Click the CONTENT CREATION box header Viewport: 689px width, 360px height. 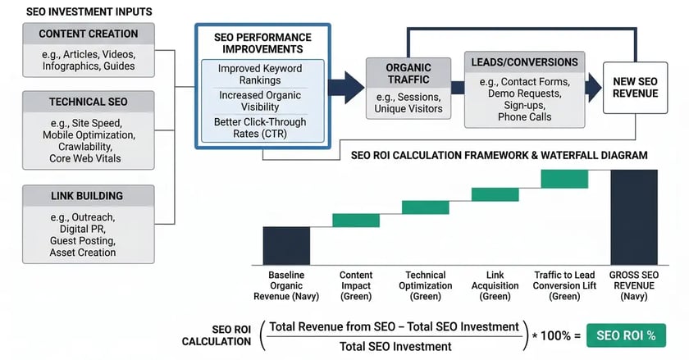click(x=88, y=34)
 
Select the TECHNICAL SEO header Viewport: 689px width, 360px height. click(x=88, y=102)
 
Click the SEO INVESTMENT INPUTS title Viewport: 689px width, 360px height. click(x=78, y=11)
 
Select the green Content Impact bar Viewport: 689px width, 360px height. click(x=355, y=220)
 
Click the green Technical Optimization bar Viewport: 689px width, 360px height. click(x=425, y=207)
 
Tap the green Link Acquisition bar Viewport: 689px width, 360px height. click(x=495, y=194)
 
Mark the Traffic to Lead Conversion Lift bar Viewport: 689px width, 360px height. click(x=564, y=178)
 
